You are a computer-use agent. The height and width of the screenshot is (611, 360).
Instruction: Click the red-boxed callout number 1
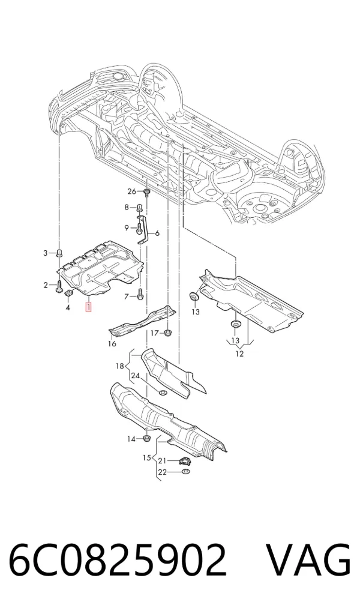(x=89, y=307)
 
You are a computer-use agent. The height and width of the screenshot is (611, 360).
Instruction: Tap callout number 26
(x=132, y=191)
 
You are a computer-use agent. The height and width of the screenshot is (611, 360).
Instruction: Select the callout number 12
(x=239, y=354)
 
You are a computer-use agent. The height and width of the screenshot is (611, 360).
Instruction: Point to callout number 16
(x=112, y=343)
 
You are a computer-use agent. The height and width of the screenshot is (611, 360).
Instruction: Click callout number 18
(x=120, y=366)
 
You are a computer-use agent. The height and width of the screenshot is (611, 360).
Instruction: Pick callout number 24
(x=135, y=376)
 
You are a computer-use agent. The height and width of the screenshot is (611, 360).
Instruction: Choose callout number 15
(x=146, y=457)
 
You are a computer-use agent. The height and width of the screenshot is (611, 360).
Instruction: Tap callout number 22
(x=162, y=472)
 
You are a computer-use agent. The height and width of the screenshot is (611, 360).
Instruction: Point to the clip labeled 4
(x=68, y=293)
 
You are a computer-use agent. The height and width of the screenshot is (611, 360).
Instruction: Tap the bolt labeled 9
(x=139, y=228)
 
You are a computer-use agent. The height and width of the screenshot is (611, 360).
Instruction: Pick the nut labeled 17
(x=168, y=333)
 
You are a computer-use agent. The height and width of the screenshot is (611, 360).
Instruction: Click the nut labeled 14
(x=147, y=439)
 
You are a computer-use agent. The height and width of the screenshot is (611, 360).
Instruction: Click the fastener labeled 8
(x=139, y=208)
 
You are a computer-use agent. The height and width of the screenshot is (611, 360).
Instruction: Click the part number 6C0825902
(x=117, y=559)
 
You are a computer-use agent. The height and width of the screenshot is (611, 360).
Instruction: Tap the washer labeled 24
(x=164, y=392)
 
